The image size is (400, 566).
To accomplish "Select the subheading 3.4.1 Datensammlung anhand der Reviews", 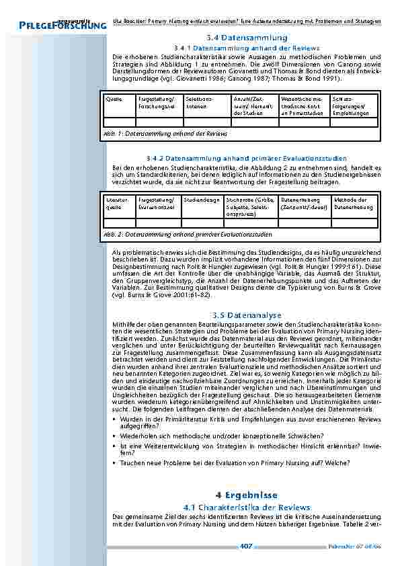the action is (x=246, y=48).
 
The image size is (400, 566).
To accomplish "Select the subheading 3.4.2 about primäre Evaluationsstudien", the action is (x=246, y=157).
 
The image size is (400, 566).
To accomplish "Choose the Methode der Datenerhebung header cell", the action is (x=354, y=203).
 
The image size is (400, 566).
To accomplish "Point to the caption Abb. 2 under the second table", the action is (x=188, y=235).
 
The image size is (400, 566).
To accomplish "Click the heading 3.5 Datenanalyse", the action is (x=246, y=315).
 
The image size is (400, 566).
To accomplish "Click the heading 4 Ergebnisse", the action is (x=246, y=494).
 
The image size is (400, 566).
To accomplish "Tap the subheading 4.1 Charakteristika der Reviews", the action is (x=246, y=506).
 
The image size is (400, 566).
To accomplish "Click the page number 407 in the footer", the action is (x=246, y=547).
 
